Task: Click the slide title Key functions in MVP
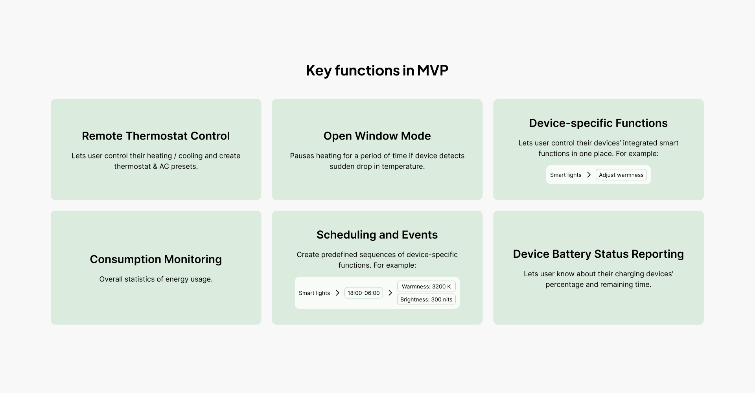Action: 377,70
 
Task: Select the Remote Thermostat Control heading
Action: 156,136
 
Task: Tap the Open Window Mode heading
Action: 377,136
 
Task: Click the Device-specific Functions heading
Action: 598,123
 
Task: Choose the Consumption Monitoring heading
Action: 156,259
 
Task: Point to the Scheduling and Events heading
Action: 377,235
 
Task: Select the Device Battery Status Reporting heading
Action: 598,254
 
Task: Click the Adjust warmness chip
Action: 621,175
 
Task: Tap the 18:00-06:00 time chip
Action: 364,293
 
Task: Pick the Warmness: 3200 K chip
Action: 426,286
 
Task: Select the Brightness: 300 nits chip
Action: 426,299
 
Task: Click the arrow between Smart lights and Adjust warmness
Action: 589,175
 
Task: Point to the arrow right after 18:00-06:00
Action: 390,293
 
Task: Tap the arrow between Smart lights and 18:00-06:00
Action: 337,293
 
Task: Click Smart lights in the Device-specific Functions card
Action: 565,175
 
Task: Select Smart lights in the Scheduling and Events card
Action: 314,293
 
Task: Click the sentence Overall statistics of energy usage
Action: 156,279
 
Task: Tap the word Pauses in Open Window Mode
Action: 302,156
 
